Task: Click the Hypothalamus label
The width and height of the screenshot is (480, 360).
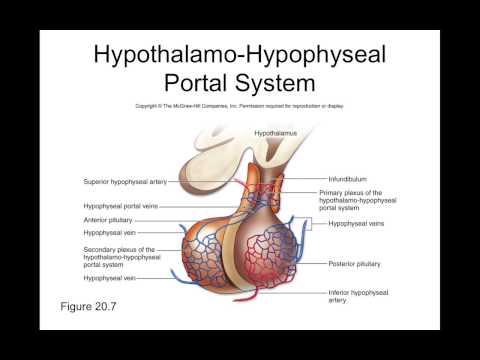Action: [x=274, y=132]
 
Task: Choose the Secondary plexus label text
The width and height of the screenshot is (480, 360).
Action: [x=119, y=249]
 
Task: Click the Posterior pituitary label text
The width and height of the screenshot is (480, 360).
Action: [x=355, y=264]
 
